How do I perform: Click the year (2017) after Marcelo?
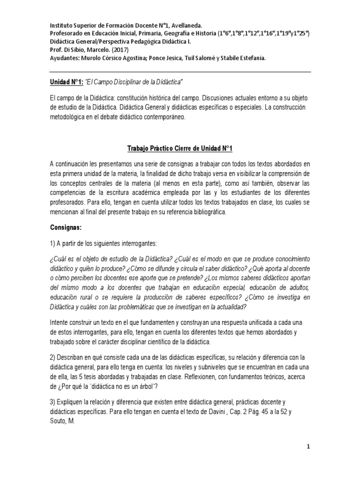[120, 49]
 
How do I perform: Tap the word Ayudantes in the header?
[66, 57]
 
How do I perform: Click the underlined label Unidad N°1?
[66, 82]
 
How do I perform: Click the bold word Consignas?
[66, 227]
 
